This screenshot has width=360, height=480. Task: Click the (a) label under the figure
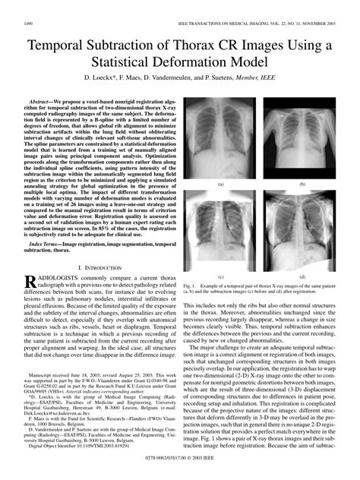click(221, 185)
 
